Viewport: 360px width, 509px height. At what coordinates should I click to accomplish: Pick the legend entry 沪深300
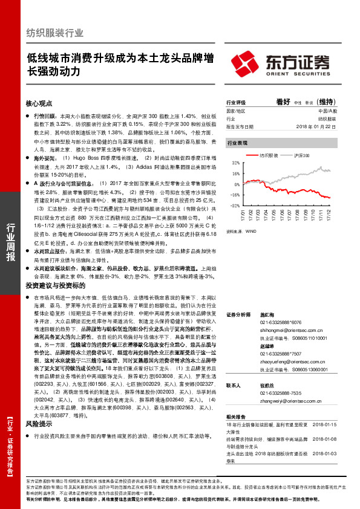point(301,155)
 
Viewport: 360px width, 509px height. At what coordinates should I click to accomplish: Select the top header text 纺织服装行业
point(55,33)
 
